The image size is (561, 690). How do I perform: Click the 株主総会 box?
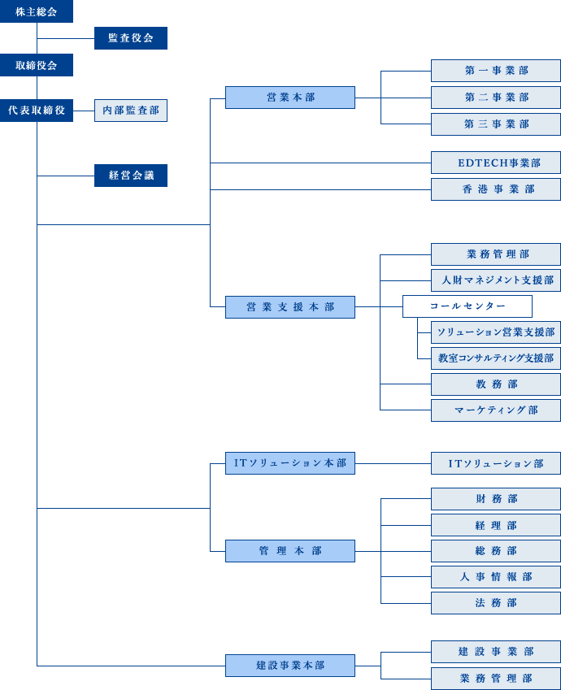click(x=37, y=11)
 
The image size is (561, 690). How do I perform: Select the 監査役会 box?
click(x=131, y=38)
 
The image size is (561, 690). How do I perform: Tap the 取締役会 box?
click(x=37, y=65)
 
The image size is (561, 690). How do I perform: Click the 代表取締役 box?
click(x=37, y=111)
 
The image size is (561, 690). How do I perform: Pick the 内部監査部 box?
click(x=131, y=111)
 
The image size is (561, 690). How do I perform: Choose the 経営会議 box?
click(x=131, y=176)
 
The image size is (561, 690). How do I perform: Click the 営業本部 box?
click(x=290, y=98)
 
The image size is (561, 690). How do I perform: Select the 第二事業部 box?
click(x=496, y=98)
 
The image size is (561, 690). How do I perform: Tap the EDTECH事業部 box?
click(x=496, y=163)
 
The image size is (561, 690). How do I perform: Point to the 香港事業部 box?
click(x=496, y=189)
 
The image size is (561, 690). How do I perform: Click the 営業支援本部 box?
click(x=290, y=307)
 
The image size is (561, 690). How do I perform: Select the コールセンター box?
click(x=467, y=306)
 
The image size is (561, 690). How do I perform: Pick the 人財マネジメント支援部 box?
click(x=496, y=280)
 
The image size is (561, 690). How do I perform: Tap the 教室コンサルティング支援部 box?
click(x=496, y=358)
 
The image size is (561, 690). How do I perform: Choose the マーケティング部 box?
click(x=496, y=410)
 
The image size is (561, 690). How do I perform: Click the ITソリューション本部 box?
click(x=290, y=463)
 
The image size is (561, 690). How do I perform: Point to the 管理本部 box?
click(x=290, y=551)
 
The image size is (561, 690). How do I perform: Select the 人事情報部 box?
click(x=496, y=577)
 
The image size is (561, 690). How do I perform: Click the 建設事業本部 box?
click(x=290, y=666)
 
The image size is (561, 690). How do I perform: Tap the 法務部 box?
click(x=496, y=603)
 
